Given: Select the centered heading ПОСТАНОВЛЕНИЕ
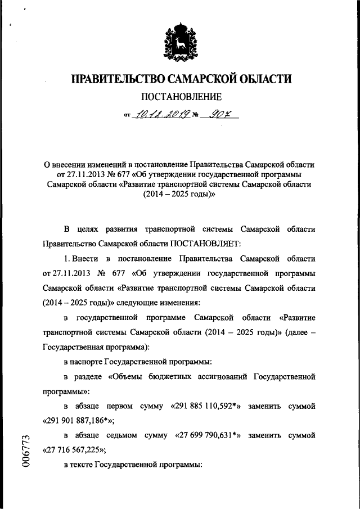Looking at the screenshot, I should click(x=179, y=97).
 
